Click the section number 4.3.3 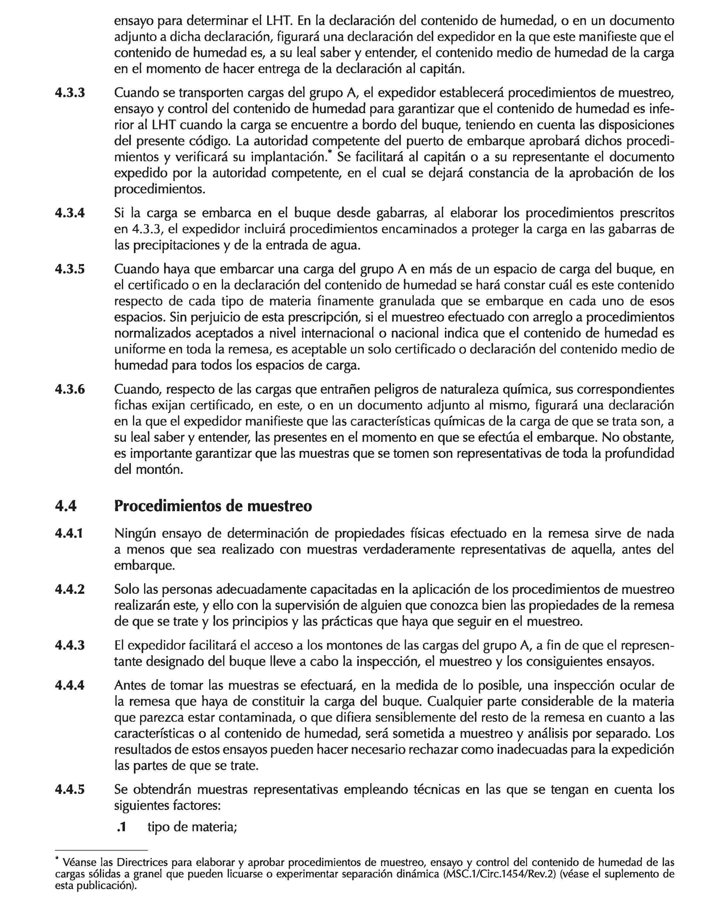pos(70,93)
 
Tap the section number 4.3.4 pos(70,213)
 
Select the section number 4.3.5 pos(70,269)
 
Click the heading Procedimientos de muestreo pos(213,506)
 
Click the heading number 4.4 pos(66,506)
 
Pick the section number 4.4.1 pos(70,534)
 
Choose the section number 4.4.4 pos(70,685)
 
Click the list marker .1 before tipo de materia pos(121,827)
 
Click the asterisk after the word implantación pos(330,153)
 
